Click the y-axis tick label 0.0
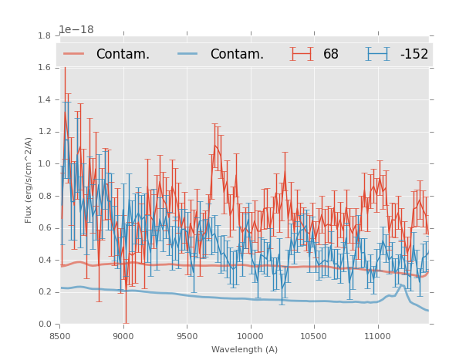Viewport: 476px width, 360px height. (45, 325)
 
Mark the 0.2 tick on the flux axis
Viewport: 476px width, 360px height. (45, 292)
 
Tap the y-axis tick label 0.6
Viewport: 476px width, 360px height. (45, 228)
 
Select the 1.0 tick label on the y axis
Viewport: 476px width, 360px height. (45, 164)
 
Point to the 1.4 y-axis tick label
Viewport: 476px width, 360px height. (45, 99)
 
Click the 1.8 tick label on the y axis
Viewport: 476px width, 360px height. (45, 35)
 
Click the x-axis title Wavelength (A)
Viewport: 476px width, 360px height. (245, 349)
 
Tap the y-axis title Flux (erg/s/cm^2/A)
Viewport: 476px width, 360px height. (29, 180)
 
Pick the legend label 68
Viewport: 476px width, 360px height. (331, 54)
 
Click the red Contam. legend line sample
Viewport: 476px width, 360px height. (74, 54)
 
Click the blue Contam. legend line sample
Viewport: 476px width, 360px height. (188, 54)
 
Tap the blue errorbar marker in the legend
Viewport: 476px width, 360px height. (377, 54)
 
